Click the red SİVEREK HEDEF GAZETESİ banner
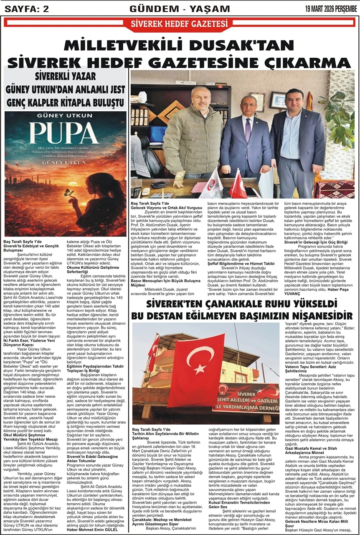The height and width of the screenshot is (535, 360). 180,23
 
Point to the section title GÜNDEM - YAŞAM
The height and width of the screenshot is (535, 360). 180,8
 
